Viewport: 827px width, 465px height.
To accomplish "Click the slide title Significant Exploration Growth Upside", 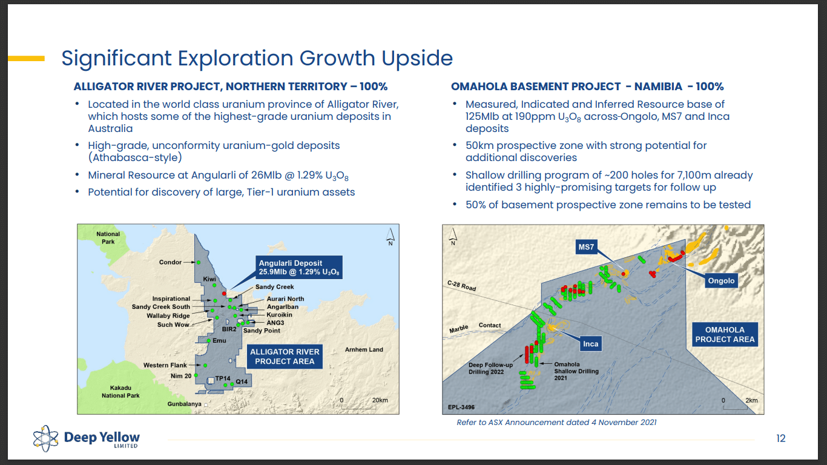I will point(257,58).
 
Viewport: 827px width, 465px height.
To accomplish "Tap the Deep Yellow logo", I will point(87,437).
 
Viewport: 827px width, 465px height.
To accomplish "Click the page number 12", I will point(780,438).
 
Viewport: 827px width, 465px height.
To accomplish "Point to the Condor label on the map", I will point(170,262).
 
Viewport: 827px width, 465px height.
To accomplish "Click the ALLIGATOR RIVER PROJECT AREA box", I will point(285,356).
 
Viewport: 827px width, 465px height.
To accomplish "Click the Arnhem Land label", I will point(364,349).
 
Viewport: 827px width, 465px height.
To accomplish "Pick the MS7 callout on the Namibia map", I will point(586,247).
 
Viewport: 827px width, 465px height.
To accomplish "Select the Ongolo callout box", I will point(721,280).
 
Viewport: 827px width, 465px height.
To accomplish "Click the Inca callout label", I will point(590,344).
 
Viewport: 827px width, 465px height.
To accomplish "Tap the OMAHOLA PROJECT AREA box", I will point(725,335).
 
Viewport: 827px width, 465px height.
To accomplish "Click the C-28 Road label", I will point(461,286).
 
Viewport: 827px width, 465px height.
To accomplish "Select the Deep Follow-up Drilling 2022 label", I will point(490,369).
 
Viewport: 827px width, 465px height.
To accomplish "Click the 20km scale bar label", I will point(380,400).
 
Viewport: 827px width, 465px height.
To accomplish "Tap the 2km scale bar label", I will point(751,400).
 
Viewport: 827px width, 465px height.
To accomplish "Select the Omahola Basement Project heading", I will point(587,87).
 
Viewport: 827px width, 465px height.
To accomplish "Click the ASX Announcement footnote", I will point(556,422).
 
